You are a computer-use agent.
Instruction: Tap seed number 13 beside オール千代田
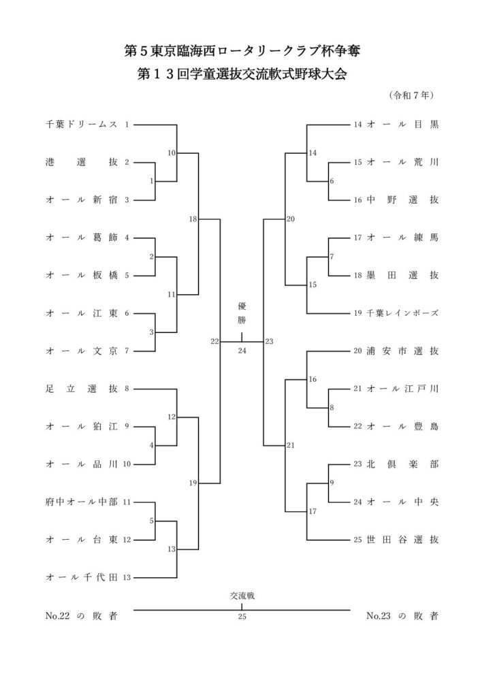tap(127, 577)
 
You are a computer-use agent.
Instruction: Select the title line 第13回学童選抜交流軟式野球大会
tap(242, 74)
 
